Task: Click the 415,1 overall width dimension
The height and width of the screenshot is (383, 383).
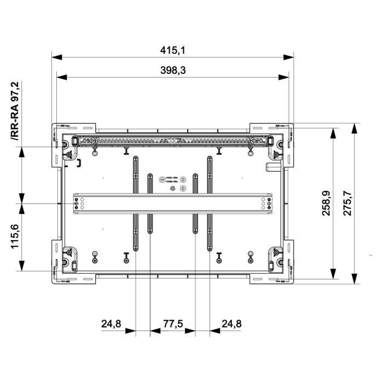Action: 173,50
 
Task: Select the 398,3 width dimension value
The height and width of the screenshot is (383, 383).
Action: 173,70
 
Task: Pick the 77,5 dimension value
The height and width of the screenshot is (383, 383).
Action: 173,324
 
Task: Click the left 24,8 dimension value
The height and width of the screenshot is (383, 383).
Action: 111,324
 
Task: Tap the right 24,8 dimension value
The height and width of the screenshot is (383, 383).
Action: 232,324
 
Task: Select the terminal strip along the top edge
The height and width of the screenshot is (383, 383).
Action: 173,141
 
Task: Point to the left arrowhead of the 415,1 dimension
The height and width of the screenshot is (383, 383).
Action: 55,57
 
